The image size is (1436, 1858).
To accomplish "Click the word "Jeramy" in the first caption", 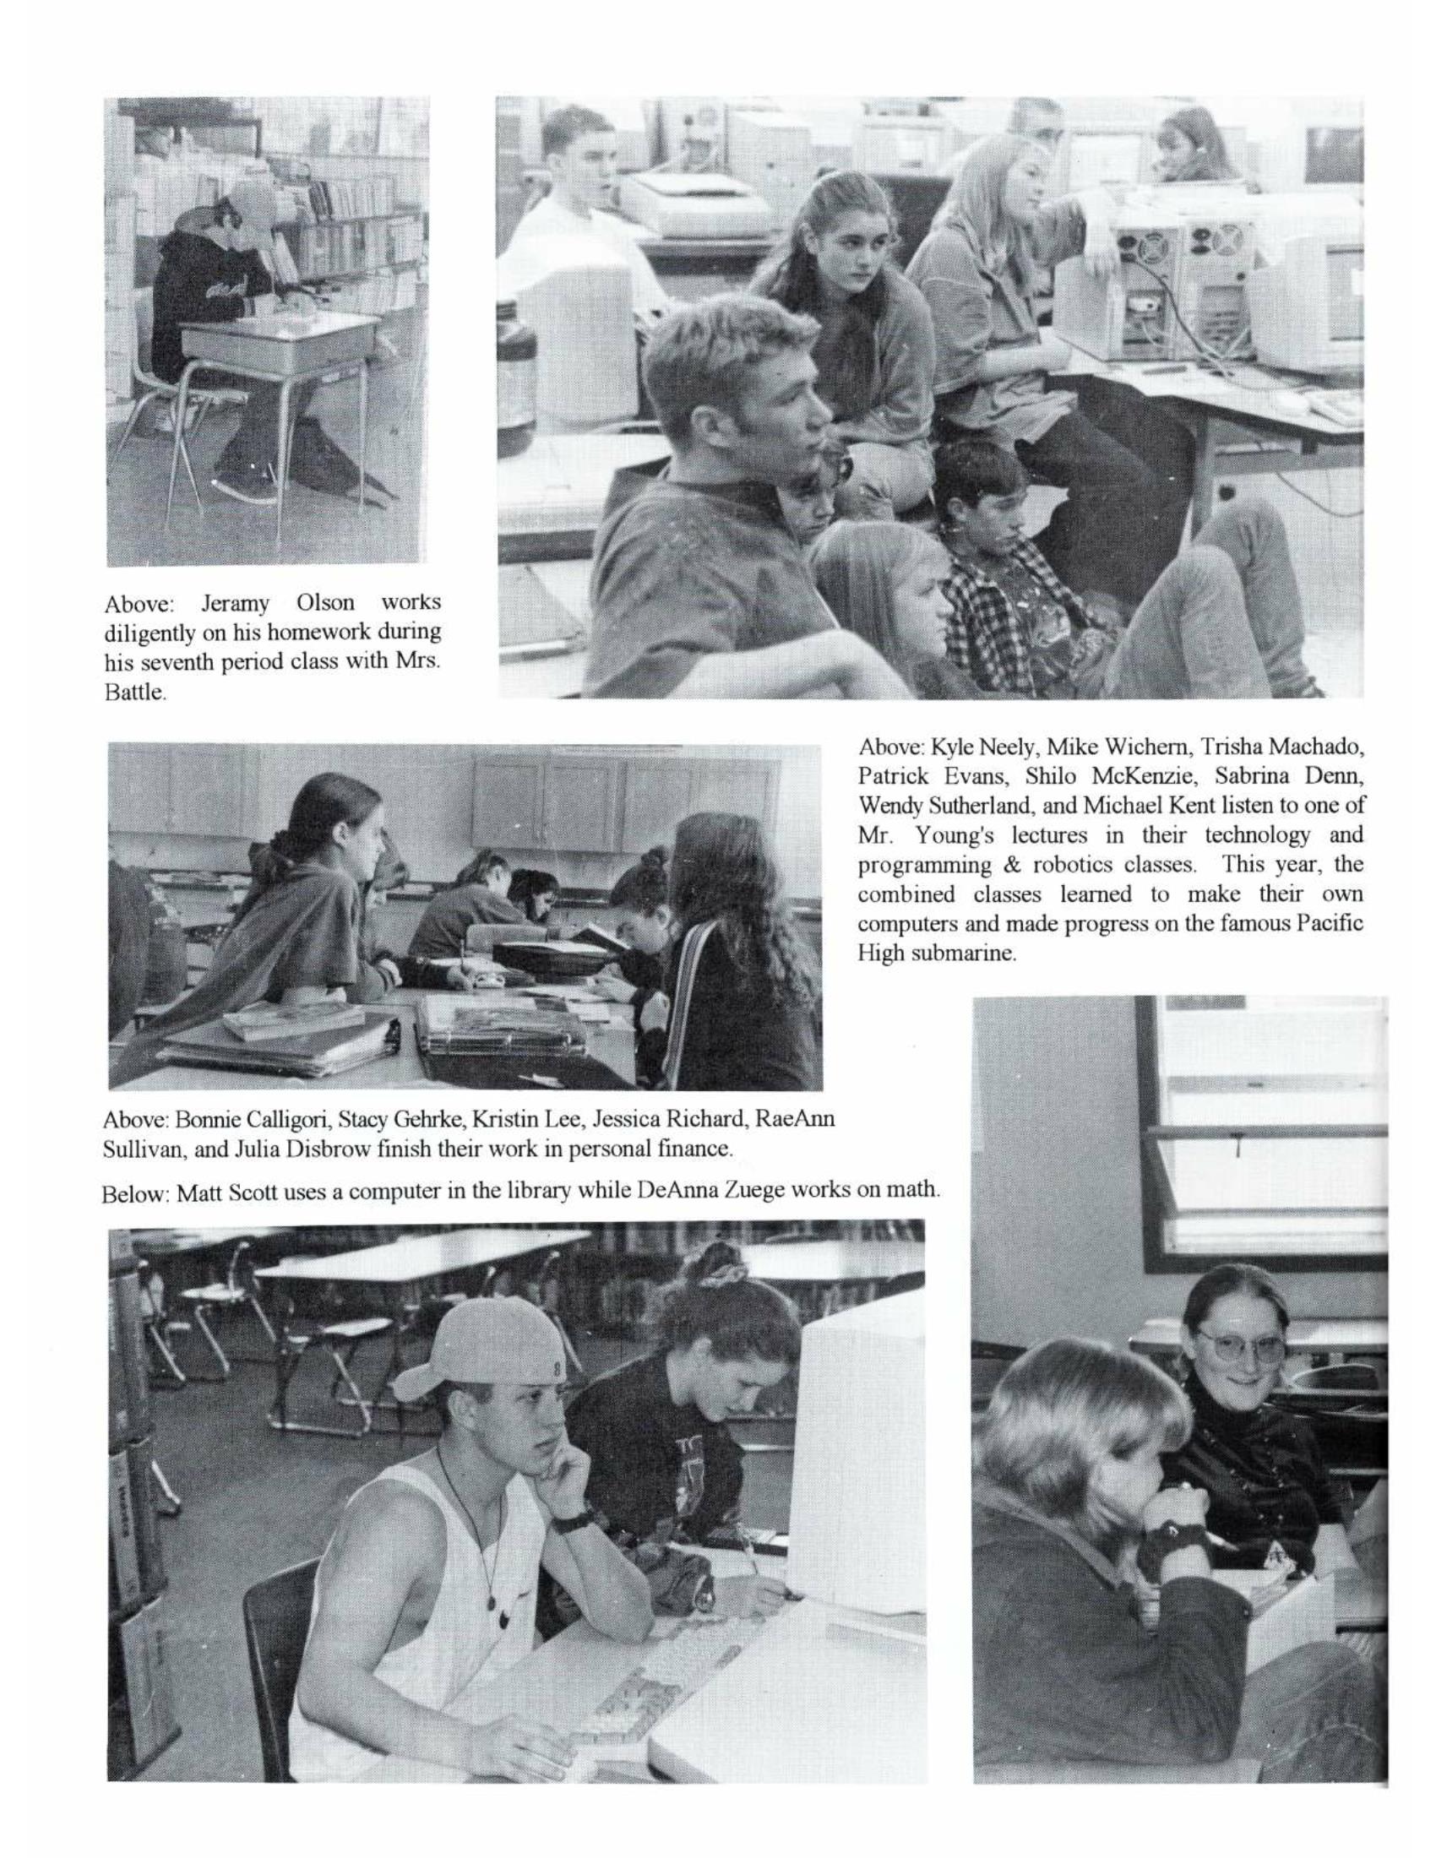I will (x=235, y=604).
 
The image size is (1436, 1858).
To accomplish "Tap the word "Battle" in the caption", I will (x=133, y=693).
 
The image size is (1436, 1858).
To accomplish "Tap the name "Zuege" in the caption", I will (x=744, y=1190).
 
